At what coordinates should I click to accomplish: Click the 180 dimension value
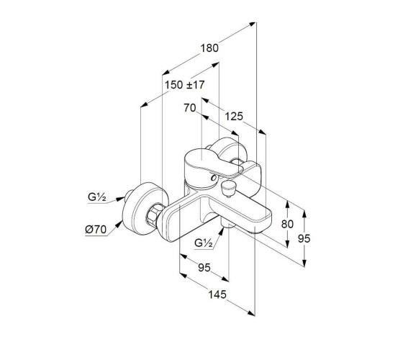pos(209,48)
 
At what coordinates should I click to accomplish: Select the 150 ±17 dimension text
pos(184,85)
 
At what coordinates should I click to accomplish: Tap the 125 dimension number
pos(234,117)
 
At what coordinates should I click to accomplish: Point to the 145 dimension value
pos(217,294)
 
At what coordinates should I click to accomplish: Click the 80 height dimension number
pos(287,224)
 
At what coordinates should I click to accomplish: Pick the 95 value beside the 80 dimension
pos(304,238)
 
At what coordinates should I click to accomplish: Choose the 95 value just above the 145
pos(204,268)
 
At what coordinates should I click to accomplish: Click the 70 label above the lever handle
pos(190,108)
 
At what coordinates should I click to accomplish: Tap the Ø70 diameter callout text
pos(96,230)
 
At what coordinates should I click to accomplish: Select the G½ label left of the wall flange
pos(97,197)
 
